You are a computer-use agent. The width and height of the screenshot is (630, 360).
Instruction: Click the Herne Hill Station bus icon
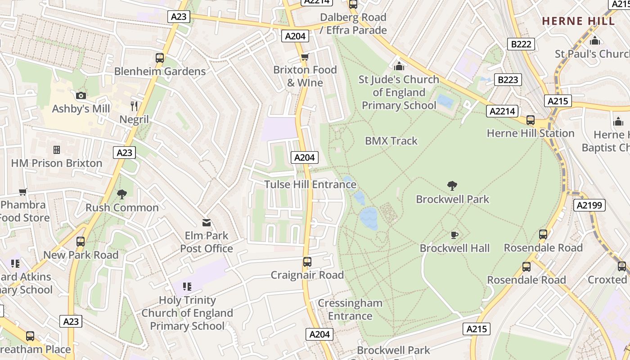[x=531, y=120]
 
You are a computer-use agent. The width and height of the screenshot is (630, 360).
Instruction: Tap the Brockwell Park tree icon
[x=452, y=185]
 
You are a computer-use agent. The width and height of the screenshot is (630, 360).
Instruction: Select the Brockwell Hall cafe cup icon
[x=454, y=235]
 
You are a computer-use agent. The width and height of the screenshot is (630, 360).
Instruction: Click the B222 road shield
[x=522, y=44]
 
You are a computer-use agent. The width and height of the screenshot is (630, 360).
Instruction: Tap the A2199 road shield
[x=590, y=206]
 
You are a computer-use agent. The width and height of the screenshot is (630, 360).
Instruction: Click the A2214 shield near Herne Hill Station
[x=502, y=111]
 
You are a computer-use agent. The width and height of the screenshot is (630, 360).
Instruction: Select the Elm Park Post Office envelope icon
[x=207, y=222]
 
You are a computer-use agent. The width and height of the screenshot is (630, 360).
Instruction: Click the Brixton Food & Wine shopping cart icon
[x=305, y=57]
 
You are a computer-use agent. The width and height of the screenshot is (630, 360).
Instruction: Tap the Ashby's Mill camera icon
[x=81, y=95]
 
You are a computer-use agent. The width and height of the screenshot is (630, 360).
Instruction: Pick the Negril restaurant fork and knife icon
[x=134, y=106]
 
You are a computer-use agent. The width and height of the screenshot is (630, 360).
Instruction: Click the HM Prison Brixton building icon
[x=57, y=149]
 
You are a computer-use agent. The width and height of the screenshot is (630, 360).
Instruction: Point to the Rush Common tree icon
[x=121, y=194]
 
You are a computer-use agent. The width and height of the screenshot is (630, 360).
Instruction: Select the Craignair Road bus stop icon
[x=307, y=262]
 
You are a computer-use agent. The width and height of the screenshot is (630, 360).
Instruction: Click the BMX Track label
[x=391, y=141]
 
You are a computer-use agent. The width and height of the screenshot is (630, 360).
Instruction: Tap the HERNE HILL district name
[x=578, y=21]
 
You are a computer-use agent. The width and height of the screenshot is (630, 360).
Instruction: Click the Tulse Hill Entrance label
[x=310, y=184]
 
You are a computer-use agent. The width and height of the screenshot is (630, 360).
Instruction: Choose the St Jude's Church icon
[x=399, y=67]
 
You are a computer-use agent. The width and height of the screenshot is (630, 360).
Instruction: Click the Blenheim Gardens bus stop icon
[x=160, y=58]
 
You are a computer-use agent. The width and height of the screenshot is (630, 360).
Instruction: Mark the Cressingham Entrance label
[x=350, y=310]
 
